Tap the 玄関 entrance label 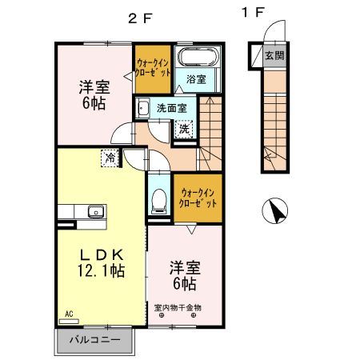tap(274, 56)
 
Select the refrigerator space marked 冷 tap(109, 157)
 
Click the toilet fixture tap(158, 199)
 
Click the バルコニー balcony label tap(95, 340)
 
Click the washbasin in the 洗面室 tap(144, 108)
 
